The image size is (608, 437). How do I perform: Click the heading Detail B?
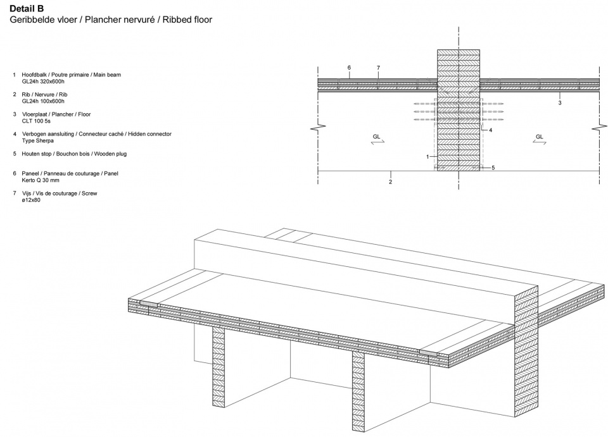click(x=27, y=8)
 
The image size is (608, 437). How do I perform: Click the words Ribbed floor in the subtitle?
click(x=187, y=20)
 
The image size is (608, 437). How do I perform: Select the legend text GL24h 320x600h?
click(x=43, y=82)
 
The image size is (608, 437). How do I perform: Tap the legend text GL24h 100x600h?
click(x=43, y=101)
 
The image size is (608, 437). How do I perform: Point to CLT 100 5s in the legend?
click(x=36, y=121)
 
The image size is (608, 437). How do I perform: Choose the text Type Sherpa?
click(x=37, y=141)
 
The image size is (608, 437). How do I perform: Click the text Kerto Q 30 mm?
click(x=41, y=180)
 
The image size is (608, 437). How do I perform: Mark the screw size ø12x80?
click(x=31, y=200)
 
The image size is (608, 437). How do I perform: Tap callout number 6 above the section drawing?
click(x=349, y=68)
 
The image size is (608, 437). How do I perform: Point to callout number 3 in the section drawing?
click(x=560, y=103)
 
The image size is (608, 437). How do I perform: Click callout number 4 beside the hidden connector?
click(x=490, y=130)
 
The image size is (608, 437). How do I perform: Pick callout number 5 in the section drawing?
click(x=493, y=168)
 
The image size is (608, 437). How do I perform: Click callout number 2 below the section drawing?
click(x=391, y=182)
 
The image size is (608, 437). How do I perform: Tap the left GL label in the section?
click(x=376, y=137)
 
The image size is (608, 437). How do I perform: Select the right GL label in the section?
click(x=540, y=137)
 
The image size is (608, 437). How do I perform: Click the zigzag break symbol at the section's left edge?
click(x=315, y=127)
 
